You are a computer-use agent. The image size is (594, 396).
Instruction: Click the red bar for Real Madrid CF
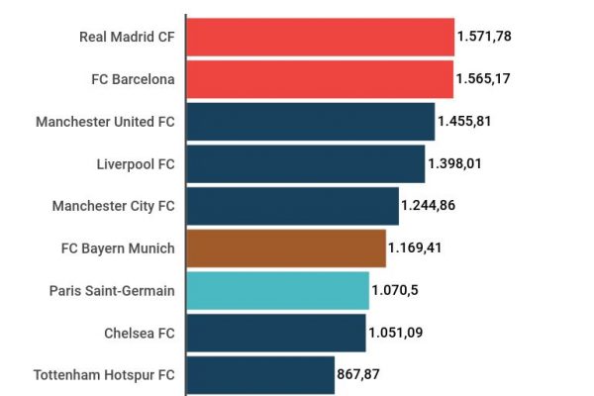click(320, 37)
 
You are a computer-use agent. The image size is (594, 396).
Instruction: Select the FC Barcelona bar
click(320, 79)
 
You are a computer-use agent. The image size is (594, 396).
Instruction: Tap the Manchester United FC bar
click(310, 122)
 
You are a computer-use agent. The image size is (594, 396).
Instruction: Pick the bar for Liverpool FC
click(305, 163)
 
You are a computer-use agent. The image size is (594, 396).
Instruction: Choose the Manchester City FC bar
click(292, 206)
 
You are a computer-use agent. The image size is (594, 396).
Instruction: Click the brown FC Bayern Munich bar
click(285, 247)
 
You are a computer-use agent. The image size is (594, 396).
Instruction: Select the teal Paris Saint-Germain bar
click(277, 290)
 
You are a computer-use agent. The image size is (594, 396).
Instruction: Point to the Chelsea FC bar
click(275, 333)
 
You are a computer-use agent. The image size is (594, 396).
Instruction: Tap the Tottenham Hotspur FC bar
click(259, 375)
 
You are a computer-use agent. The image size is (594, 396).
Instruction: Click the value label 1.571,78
click(484, 37)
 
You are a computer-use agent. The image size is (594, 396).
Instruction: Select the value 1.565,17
click(483, 79)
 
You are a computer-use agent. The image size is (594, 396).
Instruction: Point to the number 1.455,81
click(464, 122)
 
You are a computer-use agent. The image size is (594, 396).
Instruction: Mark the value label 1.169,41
click(415, 247)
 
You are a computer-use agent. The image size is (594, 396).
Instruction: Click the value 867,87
click(359, 375)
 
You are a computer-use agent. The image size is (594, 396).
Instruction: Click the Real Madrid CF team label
click(127, 37)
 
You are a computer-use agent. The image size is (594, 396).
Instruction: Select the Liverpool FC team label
click(136, 163)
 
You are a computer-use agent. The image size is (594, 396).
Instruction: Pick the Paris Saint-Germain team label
click(112, 290)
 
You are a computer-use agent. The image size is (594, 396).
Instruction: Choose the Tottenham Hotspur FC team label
click(104, 375)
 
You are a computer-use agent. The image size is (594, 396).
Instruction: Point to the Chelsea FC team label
click(139, 333)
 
